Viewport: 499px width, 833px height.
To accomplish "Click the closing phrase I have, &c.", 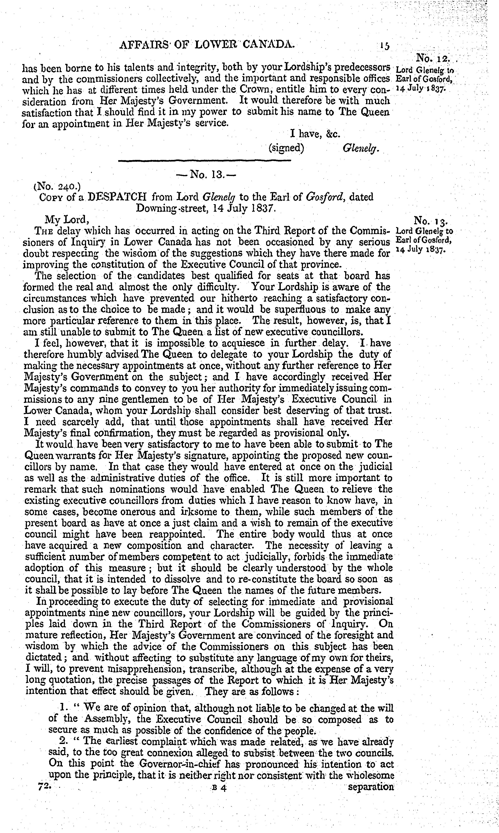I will pos(315,134).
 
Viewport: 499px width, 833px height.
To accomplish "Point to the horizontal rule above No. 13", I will pos(204,161).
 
